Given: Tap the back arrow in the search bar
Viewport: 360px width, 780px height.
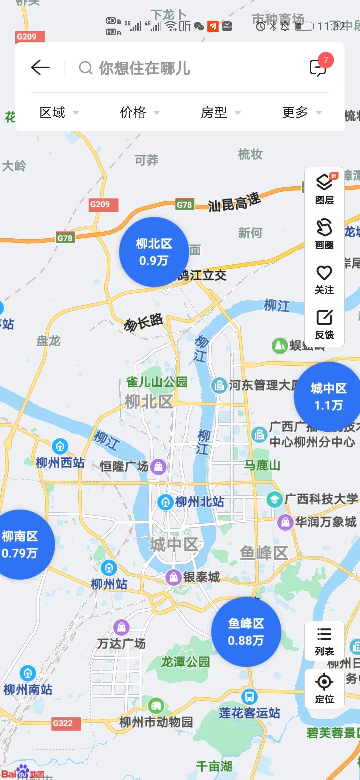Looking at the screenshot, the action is (x=40, y=68).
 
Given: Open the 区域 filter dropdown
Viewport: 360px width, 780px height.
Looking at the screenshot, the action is (x=59, y=113).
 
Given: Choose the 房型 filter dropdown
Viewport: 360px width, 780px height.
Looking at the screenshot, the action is (x=220, y=113).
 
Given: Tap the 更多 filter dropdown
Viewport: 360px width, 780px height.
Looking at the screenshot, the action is (x=301, y=113).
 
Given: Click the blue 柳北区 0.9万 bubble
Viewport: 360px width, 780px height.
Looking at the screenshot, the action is (x=154, y=252).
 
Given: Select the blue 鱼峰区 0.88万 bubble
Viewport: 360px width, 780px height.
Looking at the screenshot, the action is (x=246, y=632).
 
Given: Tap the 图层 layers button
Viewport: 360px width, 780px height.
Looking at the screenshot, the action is (x=324, y=189).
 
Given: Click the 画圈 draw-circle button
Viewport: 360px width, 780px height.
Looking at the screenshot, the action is (x=324, y=234).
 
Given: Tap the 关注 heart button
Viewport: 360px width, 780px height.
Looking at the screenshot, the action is (x=324, y=279).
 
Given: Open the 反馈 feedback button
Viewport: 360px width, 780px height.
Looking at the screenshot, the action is (x=324, y=324).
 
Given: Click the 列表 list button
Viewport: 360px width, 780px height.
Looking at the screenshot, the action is (x=324, y=641).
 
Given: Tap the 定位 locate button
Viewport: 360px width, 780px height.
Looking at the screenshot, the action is (x=324, y=689).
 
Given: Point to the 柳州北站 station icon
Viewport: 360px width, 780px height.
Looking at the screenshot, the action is (x=165, y=502).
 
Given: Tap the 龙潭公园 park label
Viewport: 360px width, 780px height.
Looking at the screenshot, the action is (x=185, y=662).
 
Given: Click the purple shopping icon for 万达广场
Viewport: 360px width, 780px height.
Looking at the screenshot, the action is (x=121, y=627).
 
